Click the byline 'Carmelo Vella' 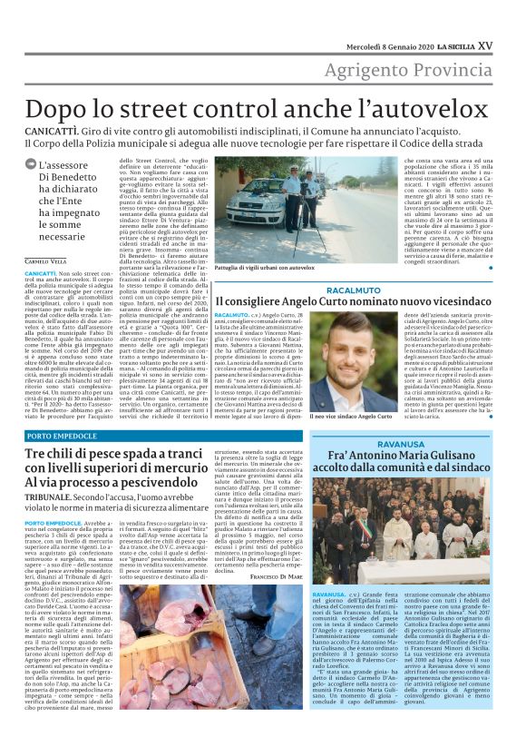[45, 261]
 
